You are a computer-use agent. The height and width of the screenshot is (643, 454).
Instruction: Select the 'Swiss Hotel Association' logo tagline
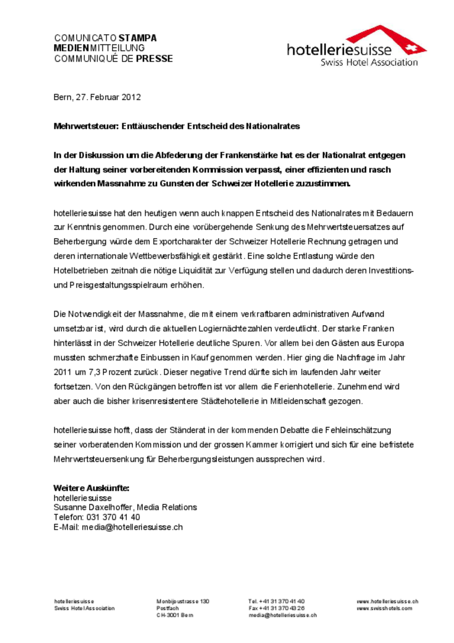click(x=369, y=63)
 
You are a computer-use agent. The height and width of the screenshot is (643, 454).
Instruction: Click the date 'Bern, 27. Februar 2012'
click(x=97, y=97)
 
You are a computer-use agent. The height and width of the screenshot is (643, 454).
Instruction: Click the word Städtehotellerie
click(x=226, y=400)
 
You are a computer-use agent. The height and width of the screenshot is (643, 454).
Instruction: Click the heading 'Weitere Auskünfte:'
click(x=91, y=488)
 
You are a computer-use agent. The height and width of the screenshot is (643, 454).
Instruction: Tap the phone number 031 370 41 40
click(x=113, y=517)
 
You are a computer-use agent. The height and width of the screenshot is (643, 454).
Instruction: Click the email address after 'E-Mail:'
click(x=132, y=527)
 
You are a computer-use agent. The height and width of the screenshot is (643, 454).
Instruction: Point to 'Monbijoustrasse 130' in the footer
click(x=183, y=601)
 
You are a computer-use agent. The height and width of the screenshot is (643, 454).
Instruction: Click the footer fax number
click(x=276, y=608)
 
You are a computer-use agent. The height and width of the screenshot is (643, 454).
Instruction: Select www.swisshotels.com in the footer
click(x=384, y=608)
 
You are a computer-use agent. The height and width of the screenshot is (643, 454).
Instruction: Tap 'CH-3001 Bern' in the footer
click(x=175, y=615)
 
